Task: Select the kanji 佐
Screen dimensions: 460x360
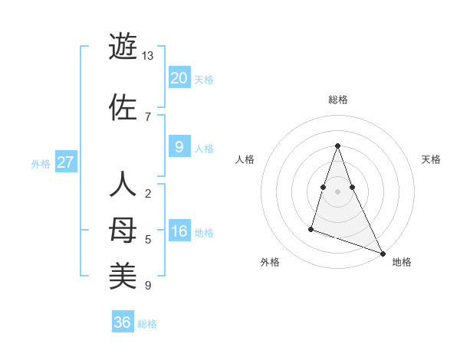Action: click(123, 107)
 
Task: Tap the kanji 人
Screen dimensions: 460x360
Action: click(123, 185)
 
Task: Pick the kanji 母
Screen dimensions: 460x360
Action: click(123, 230)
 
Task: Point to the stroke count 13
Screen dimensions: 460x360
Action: click(148, 56)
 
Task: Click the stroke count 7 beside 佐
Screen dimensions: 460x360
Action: click(147, 116)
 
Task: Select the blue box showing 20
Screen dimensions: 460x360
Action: click(179, 77)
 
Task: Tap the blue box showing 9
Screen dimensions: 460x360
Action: click(179, 147)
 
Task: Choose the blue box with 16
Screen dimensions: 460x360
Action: click(179, 232)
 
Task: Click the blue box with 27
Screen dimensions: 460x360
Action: click(65, 162)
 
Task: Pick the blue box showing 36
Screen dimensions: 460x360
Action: click(122, 322)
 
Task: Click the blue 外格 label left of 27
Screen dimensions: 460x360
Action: click(41, 164)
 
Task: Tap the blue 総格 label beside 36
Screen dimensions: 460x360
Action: click(147, 324)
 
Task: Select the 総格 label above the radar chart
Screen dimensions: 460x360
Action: click(337, 100)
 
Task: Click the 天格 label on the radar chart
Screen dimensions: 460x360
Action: click(431, 159)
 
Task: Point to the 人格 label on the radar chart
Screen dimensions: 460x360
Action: click(245, 159)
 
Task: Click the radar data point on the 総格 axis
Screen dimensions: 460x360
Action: click(337, 145)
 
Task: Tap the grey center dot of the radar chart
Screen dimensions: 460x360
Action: click(337, 191)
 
